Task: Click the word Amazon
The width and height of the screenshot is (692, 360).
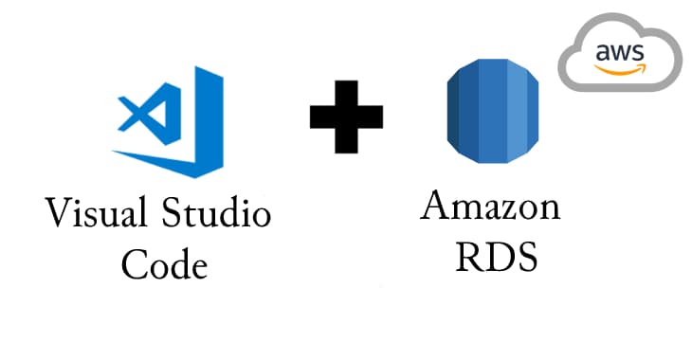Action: click(490, 207)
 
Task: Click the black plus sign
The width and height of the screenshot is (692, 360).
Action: click(347, 117)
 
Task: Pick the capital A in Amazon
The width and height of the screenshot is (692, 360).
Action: click(435, 207)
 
